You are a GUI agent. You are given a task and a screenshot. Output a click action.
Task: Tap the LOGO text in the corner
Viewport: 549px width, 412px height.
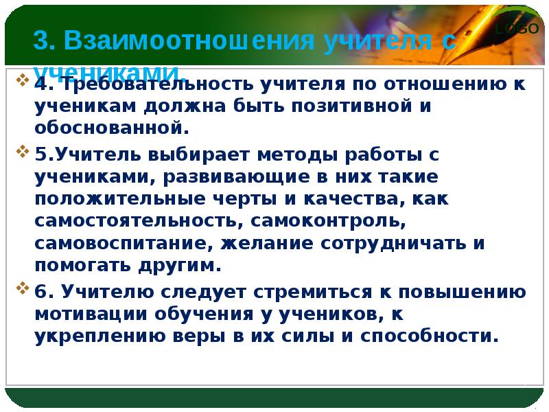(x=512, y=29)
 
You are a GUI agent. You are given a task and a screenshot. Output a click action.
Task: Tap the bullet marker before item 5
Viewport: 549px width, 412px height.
(x=23, y=150)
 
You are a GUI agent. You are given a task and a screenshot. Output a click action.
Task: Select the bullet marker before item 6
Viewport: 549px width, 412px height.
(x=23, y=287)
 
